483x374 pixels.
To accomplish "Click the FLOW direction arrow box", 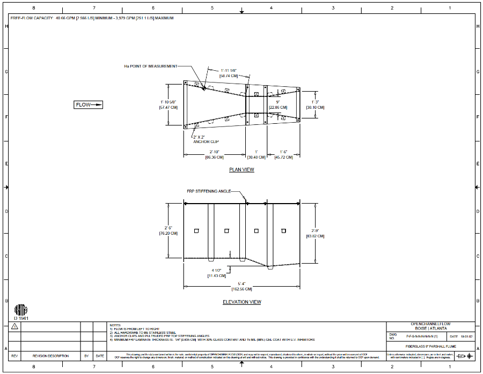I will tap(88, 105).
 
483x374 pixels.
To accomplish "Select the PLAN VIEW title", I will tap(241, 170).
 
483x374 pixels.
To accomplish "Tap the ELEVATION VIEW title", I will tap(242, 302).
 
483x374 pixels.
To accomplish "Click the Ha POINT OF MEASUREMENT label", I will tap(150, 66).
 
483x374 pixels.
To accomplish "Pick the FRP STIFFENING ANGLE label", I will tap(209, 191).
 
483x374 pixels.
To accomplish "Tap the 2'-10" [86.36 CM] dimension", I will tap(215, 154).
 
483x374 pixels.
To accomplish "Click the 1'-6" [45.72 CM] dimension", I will tap(283, 154).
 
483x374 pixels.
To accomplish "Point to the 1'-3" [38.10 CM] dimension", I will tap(315, 104).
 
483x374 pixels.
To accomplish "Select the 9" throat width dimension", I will tap(278, 104).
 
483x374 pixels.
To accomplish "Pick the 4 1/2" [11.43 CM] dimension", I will tap(217, 273).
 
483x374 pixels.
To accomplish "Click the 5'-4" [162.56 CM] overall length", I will tap(241, 286).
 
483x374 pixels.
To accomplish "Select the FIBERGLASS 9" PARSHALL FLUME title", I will tap(430, 347).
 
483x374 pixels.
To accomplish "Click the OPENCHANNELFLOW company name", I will tap(430, 325).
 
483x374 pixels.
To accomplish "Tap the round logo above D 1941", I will tap(20, 310).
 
